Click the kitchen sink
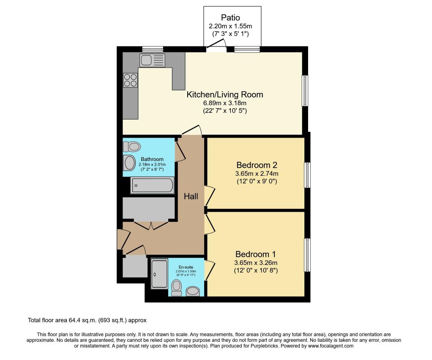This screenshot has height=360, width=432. coord(152,60)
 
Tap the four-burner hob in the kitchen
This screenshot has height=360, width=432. coord(130,80)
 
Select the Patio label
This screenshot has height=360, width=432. coord(230,18)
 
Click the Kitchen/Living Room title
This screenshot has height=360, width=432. coord(225,95)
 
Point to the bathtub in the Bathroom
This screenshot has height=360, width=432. coord(152,185)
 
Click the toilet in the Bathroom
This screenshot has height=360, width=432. coord(132,147)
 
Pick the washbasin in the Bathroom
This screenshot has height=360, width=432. coord(129,163)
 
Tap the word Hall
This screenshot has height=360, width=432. coord(191,196)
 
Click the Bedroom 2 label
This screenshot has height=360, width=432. coord(257,165)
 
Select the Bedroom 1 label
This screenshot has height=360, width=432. coord(255,254)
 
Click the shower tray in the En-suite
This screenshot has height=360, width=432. coord(159,274)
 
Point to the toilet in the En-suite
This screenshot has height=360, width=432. coord(176,288)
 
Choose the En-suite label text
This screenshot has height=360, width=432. coord(186,267)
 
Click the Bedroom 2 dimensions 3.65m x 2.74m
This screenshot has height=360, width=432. coord(257,174)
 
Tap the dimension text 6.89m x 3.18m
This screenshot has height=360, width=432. coord(225,103)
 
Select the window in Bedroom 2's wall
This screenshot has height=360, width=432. coord(307,175)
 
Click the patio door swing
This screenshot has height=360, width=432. coord(216,46)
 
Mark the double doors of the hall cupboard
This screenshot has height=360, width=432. coord(151,225)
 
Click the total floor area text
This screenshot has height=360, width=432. coord(87,320)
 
